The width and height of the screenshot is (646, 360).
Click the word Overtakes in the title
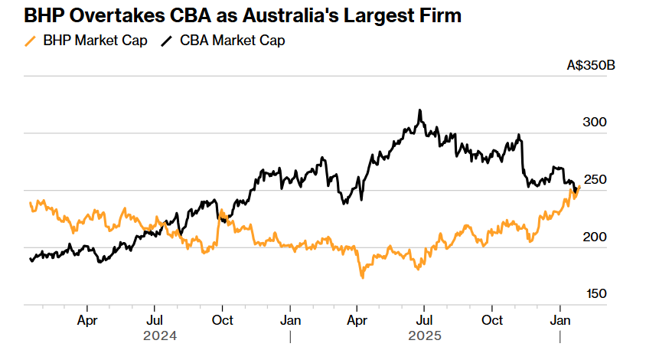point(102,15)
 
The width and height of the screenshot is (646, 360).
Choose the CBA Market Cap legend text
point(232,41)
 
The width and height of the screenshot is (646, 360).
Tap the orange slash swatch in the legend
point(31,41)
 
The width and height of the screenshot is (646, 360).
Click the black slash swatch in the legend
point(166,41)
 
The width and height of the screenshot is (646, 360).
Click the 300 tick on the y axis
point(595,123)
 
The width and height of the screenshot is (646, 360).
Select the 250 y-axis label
point(595,180)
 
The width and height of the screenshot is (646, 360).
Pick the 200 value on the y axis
point(595,237)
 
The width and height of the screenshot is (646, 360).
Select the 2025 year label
point(425,335)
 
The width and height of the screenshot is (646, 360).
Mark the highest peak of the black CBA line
point(419,110)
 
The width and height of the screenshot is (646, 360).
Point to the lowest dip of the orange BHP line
point(362,277)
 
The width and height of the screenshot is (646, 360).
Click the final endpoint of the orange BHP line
point(579,186)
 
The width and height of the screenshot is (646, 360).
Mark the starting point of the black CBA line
point(30,260)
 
